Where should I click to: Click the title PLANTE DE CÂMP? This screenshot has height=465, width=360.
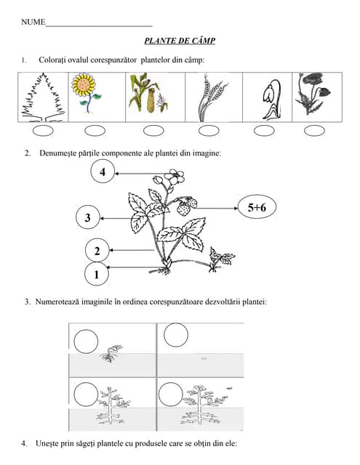tap(180, 41)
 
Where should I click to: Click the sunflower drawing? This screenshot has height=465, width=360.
tap(86, 93)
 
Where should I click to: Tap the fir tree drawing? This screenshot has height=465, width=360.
tap(43, 97)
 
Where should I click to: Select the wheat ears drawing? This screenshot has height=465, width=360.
tap(212, 99)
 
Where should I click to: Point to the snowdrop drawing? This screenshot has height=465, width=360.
tap(271, 100)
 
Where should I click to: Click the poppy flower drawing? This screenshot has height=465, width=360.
tap(313, 94)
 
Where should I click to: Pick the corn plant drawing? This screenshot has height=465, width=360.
tap(148, 93)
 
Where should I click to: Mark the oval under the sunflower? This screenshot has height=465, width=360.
tap(95, 131)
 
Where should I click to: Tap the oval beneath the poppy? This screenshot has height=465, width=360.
tap(314, 131)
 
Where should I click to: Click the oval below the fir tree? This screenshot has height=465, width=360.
tap(43, 131)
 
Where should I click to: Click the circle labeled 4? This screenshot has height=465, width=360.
tap(103, 171)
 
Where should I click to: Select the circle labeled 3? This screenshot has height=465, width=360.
tap(87, 217)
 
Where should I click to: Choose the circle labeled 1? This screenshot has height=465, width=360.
tap(97, 274)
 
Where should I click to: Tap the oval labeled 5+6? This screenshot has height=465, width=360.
tap(257, 207)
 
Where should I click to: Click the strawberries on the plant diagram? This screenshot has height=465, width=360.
tap(187, 206)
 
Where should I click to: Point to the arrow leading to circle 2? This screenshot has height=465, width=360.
tap(132, 250)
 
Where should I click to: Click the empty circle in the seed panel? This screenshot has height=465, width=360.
tap(176, 335)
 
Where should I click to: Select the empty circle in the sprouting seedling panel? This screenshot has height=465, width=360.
tap(86, 341)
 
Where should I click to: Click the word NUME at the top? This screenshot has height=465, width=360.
tap(33, 22)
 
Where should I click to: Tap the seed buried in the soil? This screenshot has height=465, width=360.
tap(204, 358)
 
